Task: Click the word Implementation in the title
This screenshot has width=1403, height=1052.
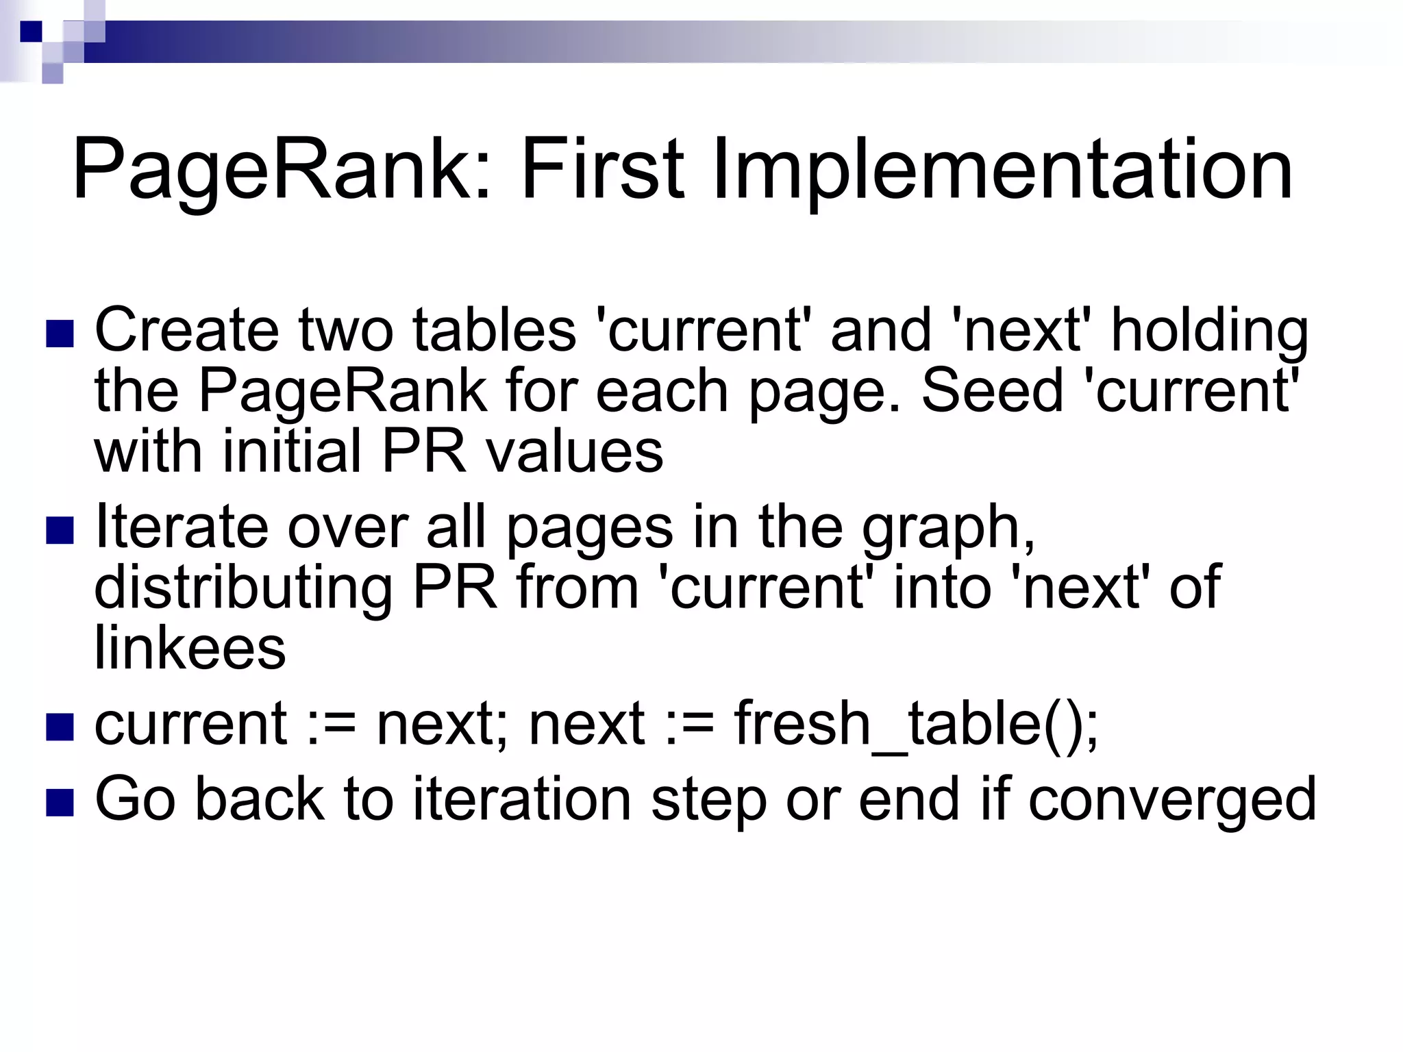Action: click(1002, 170)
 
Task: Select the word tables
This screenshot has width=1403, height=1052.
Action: click(494, 329)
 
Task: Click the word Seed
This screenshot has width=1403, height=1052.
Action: click(991, 390)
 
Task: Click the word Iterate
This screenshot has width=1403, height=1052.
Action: click(181, 526)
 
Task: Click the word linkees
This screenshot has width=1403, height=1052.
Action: click(190, 647)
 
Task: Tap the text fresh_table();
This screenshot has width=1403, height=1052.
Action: click(916, 725)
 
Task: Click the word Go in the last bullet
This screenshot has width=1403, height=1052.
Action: click(135, 799)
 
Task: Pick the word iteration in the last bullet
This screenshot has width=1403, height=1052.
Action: click(521, 799)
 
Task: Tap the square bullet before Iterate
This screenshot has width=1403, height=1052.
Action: click(60, 530)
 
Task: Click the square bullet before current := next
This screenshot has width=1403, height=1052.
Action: click(60, 727)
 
